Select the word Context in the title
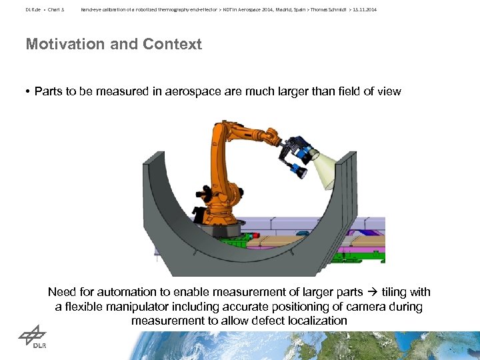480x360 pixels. tap(171, 45)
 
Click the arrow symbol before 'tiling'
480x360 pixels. tap(372, 292)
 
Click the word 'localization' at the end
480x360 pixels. tap(317, 321)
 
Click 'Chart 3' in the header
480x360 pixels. tap(55, 10)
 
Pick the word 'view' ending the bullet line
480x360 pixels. tap(388, 91)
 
